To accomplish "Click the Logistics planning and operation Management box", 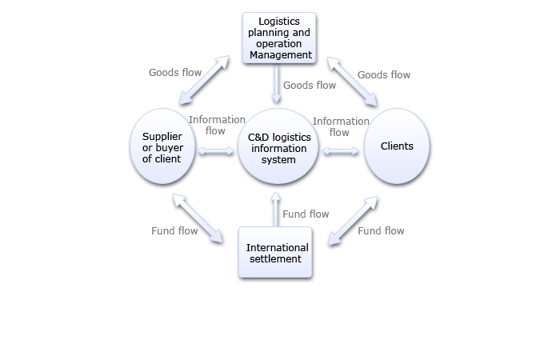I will pos(278,38).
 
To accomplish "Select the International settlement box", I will pos(274,253).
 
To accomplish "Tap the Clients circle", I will pos(397,146).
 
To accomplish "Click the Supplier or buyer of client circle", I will pos(162,146).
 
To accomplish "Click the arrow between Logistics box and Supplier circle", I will pos(204,80).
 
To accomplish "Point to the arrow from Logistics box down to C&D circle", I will pos(277,85).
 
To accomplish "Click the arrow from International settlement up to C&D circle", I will pos(275,210).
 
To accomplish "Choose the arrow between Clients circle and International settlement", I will pos(353,218).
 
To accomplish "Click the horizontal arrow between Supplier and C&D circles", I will pos(214,150).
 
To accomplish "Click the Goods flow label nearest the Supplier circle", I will pos(175,73).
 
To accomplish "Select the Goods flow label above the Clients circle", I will pos(384,75).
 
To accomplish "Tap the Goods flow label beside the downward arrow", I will pos(310,85).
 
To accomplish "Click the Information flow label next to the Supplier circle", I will pos(216,126).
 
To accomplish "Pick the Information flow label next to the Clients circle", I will pos(341,126).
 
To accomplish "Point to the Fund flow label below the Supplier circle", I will pos(174,231).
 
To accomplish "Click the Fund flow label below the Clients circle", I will pos(381,231).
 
